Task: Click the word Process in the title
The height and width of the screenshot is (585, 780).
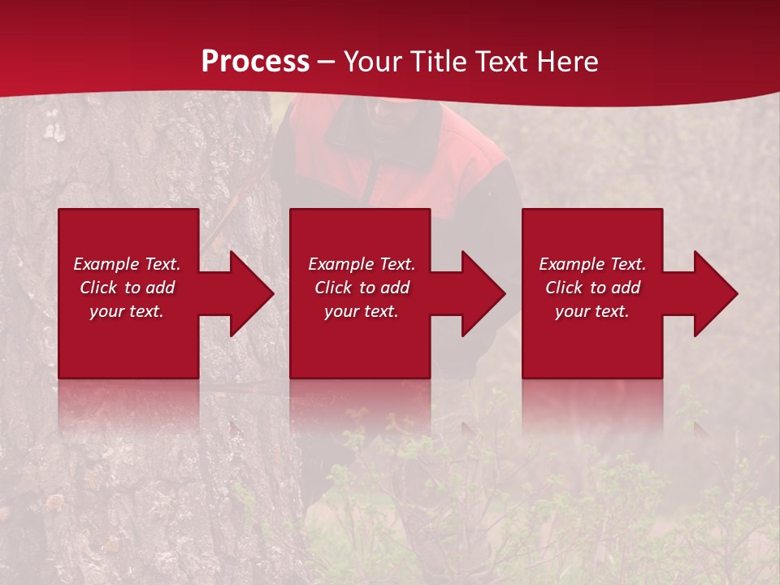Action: (x=255, y=62)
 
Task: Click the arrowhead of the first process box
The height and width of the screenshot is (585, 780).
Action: (x=249, y=293)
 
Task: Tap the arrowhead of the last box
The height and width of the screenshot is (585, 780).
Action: (x=713, y=293)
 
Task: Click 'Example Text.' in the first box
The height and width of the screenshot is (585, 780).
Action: (x=127, y=264)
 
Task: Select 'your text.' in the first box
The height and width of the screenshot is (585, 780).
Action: (x=127, y=311)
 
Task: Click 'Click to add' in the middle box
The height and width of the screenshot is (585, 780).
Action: (x=362, y=288)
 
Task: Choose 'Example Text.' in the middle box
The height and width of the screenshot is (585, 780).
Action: (x=362, y=264)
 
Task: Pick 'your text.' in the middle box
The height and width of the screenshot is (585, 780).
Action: (x=362, y=311)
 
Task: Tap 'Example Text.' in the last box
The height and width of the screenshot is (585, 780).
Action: (x=592, y=264)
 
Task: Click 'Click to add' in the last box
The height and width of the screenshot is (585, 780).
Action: (x=592, y=288)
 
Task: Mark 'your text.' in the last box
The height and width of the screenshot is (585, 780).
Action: (x=592, y=311)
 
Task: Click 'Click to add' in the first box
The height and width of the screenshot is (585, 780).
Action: (x=127, y=288)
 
